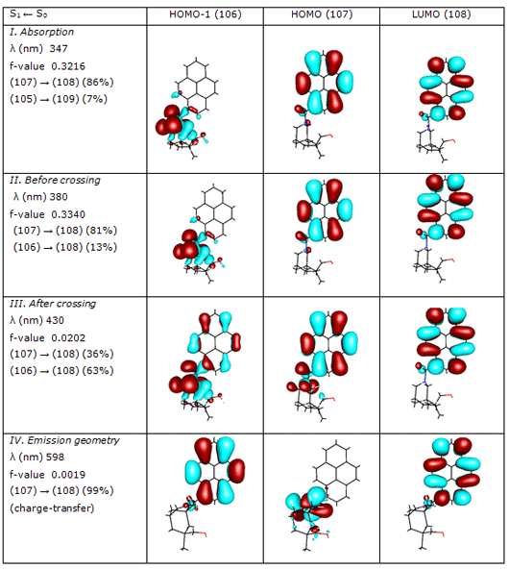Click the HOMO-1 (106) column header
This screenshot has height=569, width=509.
206,14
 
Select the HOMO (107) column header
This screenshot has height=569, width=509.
322,14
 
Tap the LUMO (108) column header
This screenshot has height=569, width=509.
441,14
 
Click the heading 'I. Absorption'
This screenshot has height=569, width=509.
41,32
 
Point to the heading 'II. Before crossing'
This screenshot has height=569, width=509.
55,180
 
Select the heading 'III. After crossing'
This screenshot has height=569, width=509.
53,304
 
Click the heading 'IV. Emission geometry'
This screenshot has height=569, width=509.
64,440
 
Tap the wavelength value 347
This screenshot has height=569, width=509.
59,49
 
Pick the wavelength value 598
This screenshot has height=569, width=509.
55,457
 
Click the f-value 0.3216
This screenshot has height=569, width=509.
68,66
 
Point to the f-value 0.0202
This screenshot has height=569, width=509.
68,338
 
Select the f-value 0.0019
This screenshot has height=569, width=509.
68,475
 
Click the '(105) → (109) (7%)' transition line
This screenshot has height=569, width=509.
59,99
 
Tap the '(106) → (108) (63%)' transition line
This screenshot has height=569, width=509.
61,370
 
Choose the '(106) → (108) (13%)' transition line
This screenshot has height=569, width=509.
65,247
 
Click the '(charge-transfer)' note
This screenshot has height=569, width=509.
52,508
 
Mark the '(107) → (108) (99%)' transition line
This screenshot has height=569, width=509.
61,490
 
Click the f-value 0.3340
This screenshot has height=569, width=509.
68,214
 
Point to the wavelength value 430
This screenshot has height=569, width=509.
55,320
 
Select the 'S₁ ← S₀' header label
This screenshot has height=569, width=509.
28,14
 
